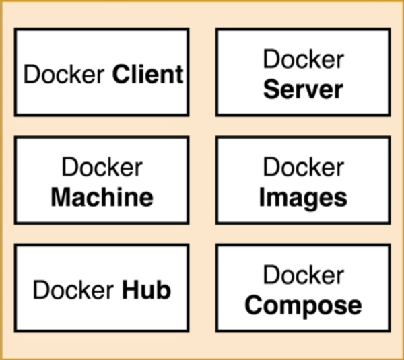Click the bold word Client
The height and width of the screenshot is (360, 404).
point(147,73)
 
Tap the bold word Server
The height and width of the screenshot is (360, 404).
point(303,89)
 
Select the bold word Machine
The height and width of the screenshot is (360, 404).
point(102,197)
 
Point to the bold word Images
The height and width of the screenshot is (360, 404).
point(303,197)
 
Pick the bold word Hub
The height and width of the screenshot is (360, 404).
point(146,290)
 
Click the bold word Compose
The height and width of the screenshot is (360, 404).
point(303,305)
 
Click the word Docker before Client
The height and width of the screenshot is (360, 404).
point(65,73)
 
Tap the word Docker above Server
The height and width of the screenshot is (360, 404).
point(303,59)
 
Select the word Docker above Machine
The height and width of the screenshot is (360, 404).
point(102,168)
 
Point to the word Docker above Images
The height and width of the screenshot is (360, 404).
point(303,168)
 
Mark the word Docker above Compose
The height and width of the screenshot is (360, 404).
point(303,275)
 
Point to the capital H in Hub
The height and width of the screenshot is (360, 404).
point(129,290)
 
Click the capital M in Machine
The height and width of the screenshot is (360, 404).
point(62,197)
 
